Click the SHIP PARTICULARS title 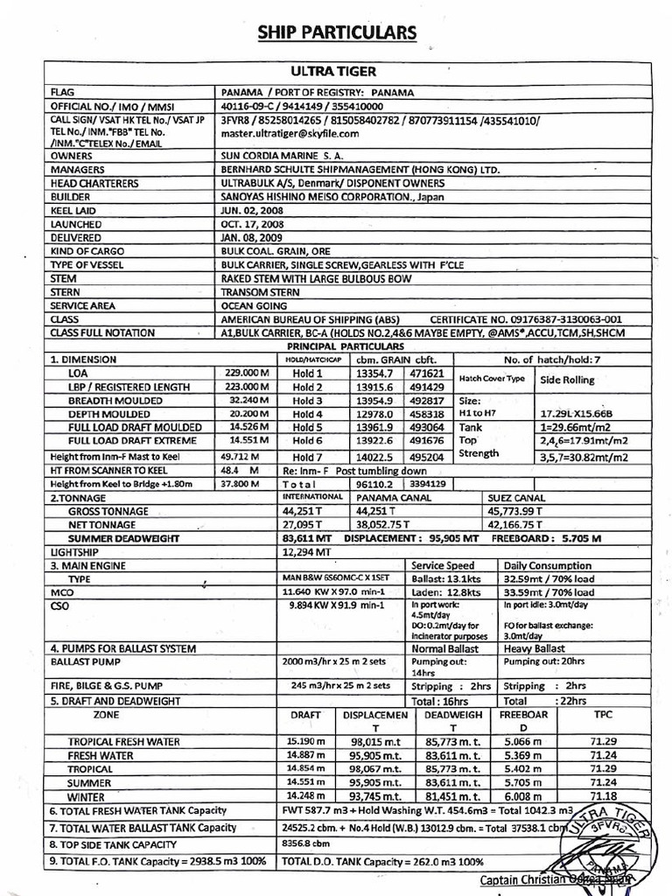click(337, 33)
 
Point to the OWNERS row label click(72, 155)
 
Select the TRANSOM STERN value click(255, 291)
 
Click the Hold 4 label click(307, 414)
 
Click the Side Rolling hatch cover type click(567, 381)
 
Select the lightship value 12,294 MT click(306, 553)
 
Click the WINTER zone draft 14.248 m click(306, 797)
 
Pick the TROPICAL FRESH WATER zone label click(125, 741)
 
